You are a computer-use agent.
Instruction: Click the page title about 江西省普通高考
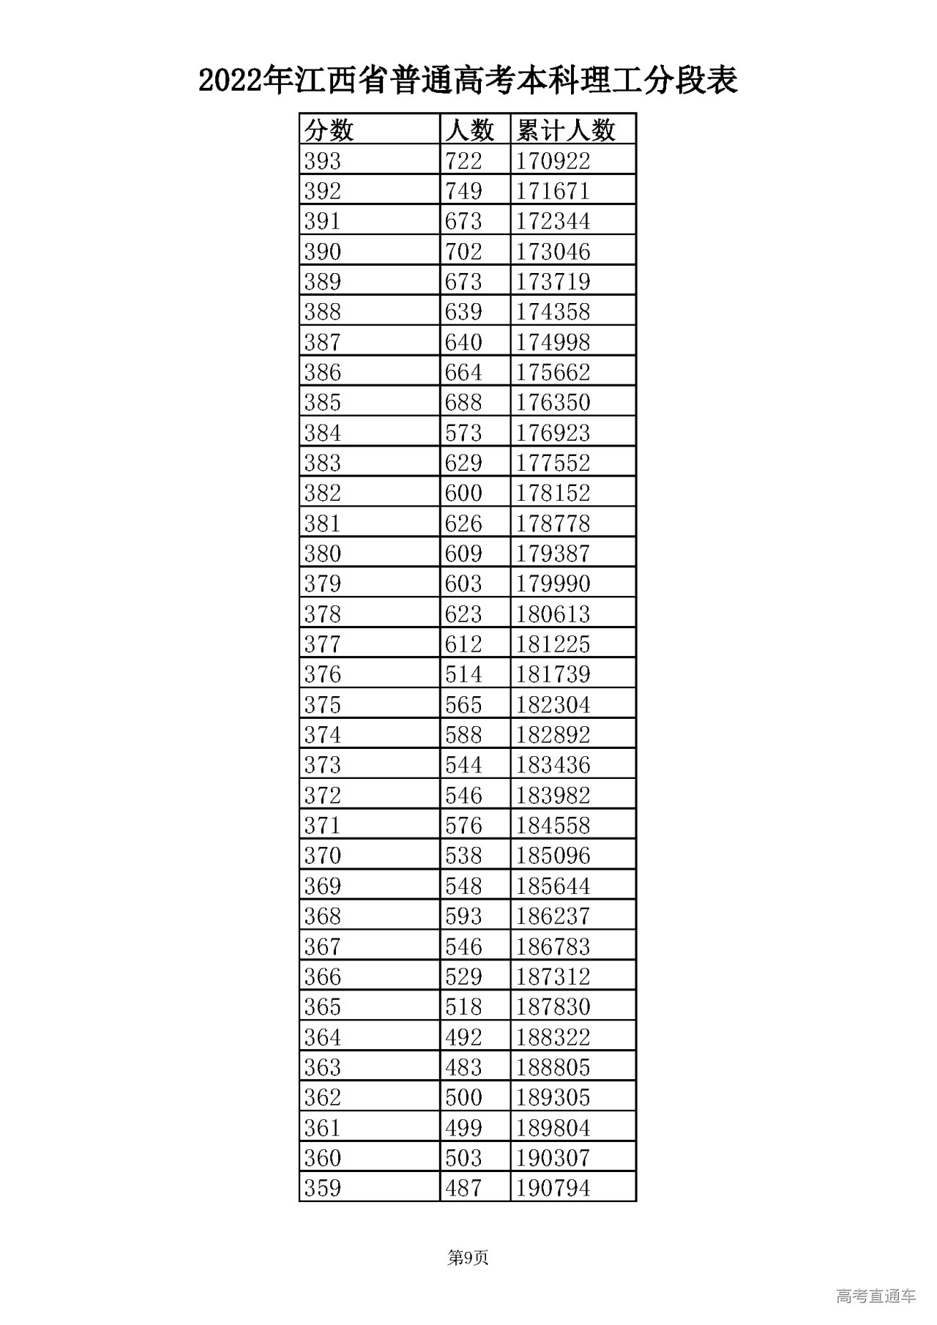pos(468,81)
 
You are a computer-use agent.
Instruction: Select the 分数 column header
pos(329,130)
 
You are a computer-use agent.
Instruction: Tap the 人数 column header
pos(469,130)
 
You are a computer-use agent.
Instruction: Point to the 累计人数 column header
pos(566,130)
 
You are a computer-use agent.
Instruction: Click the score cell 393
pos(323,160)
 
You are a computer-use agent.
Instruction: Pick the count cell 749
pos(463,191)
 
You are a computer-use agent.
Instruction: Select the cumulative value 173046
pos(553,251)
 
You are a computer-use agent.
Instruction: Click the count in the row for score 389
pos(463,282)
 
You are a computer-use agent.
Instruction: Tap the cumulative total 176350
pos(553,403)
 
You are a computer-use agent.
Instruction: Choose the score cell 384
pos(323,433)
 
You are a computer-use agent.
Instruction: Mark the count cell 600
pos(463,493)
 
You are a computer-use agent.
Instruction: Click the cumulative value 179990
pos(553,583)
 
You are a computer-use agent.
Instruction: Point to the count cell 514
pos(463,674)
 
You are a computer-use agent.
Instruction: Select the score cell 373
pos(323,765)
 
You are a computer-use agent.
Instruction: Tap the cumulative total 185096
pos(553,855)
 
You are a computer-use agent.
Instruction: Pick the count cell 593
pos(463,916)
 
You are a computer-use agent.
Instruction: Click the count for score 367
pos(463,947)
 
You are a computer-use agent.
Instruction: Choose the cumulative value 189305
pos(553,1097)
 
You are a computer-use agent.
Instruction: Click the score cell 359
pos(323,1187)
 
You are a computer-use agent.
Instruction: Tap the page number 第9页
pos(468,1258)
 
